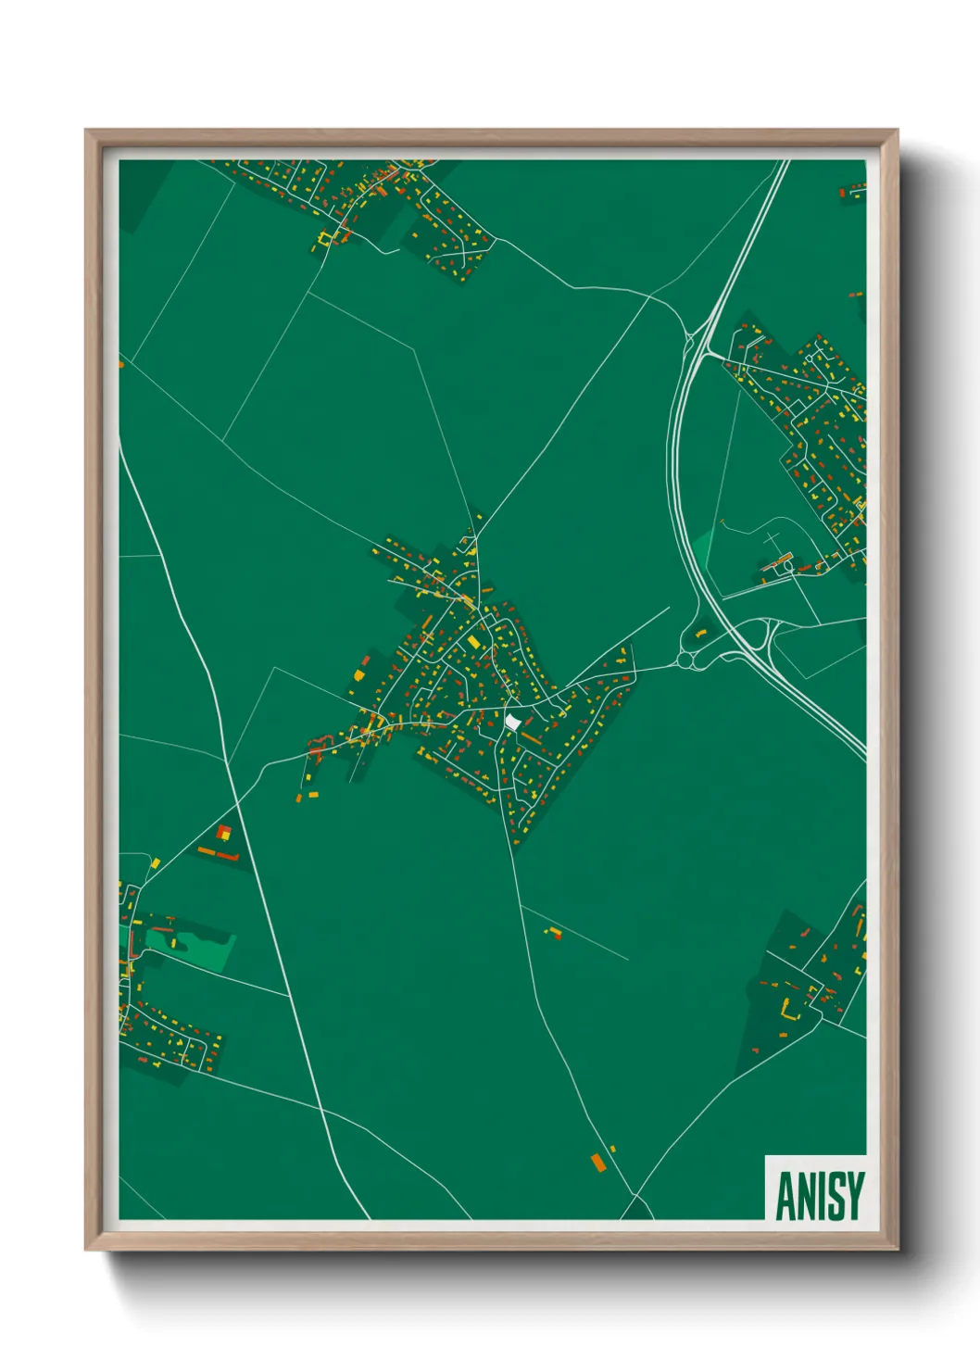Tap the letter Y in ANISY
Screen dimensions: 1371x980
point(854,1196)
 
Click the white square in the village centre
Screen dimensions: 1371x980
point(513,721)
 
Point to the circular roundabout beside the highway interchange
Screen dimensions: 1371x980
point(686,660)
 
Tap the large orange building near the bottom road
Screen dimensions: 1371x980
point(597,1161)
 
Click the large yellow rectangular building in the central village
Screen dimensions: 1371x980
point(473,641)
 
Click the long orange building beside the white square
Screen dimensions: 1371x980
point(530,738)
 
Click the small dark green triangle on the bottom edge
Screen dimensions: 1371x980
point(636,1209)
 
